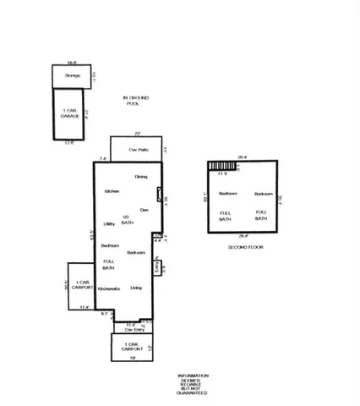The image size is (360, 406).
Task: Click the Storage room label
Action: (x=73, y=76)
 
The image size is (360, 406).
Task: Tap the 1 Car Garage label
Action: (x=71, y=112)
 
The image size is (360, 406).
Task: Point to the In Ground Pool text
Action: (x=132, y=101)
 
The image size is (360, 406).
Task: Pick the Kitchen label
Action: (x=112, y=192)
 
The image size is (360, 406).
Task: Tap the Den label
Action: (x=144, y=209)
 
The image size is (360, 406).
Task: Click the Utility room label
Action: (x=109, y=223)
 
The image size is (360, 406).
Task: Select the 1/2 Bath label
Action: (x=126, y=219)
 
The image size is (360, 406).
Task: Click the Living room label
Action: (x=136, y=288)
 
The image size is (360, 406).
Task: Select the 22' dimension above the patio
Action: (x=136, y=133)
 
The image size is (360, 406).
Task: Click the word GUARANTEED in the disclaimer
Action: (x=192, y=394)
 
